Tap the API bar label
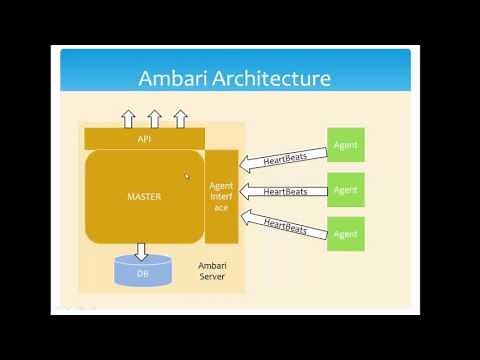pos(144,139)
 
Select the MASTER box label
pos(144,197)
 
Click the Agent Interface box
pos(221,196)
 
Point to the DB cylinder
pos(142,270)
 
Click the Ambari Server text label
pos(212,270)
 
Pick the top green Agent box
pos(346,146)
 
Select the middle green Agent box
pos(346,190)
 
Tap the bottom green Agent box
pos(346,234)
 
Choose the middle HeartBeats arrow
pos(284,190)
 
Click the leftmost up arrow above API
pos(128,119)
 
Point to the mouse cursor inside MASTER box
pos(187,177)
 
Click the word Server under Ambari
pos(212,276)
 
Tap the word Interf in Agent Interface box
pos(221,196)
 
